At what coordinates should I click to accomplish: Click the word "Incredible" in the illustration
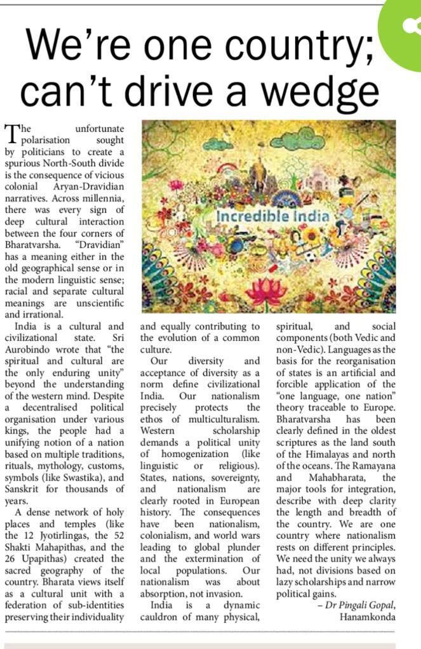tap(253, 216)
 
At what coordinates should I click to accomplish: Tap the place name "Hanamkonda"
tap(368, 617)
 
